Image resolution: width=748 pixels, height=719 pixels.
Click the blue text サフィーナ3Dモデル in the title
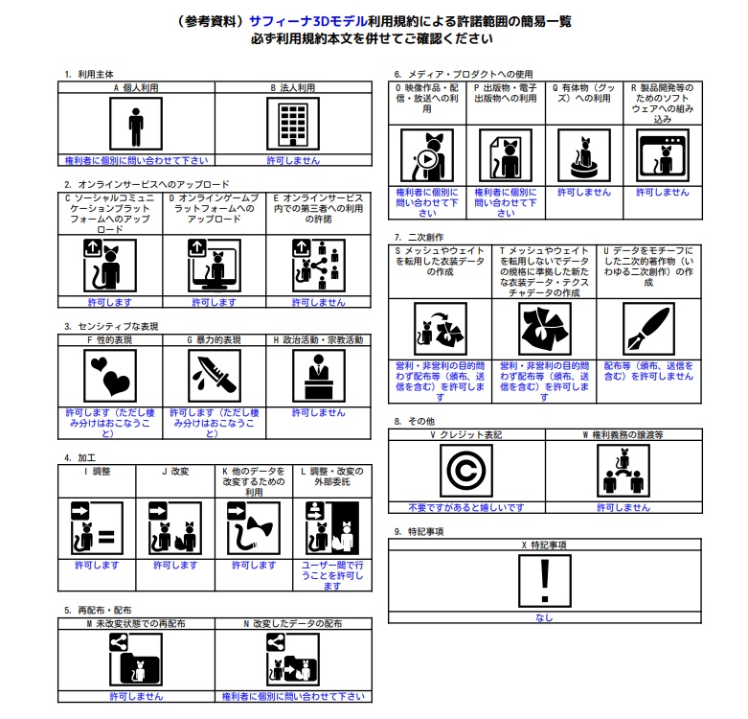(308, 21)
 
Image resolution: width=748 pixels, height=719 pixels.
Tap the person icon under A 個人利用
(136, 124)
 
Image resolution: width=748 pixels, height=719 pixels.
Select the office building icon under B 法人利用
(293, 124)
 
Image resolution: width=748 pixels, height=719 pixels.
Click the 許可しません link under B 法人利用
(293, 160)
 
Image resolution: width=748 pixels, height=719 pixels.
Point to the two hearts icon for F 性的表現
(110, 376)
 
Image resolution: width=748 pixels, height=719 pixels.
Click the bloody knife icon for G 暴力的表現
(215, 376)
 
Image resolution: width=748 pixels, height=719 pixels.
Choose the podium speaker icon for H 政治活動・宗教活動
(319, 376)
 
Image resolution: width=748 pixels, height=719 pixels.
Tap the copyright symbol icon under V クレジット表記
(466, 471)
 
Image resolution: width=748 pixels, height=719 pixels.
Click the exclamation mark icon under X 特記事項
(545, 581)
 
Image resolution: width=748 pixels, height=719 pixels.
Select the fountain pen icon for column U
(648, 329)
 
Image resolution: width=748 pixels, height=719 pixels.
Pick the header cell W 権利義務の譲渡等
(623, 435)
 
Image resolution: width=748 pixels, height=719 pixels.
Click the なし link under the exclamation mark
(544, 617)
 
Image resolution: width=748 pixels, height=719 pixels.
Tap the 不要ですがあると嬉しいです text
(466, 507)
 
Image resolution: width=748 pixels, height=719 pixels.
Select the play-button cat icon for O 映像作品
(427, 155)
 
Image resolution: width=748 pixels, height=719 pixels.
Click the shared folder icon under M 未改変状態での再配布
(136, 660)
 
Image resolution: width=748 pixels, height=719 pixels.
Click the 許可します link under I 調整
(97, 566)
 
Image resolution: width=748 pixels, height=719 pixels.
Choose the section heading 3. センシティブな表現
(111, 327)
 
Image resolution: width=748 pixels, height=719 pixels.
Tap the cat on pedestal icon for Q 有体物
(584, 155)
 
